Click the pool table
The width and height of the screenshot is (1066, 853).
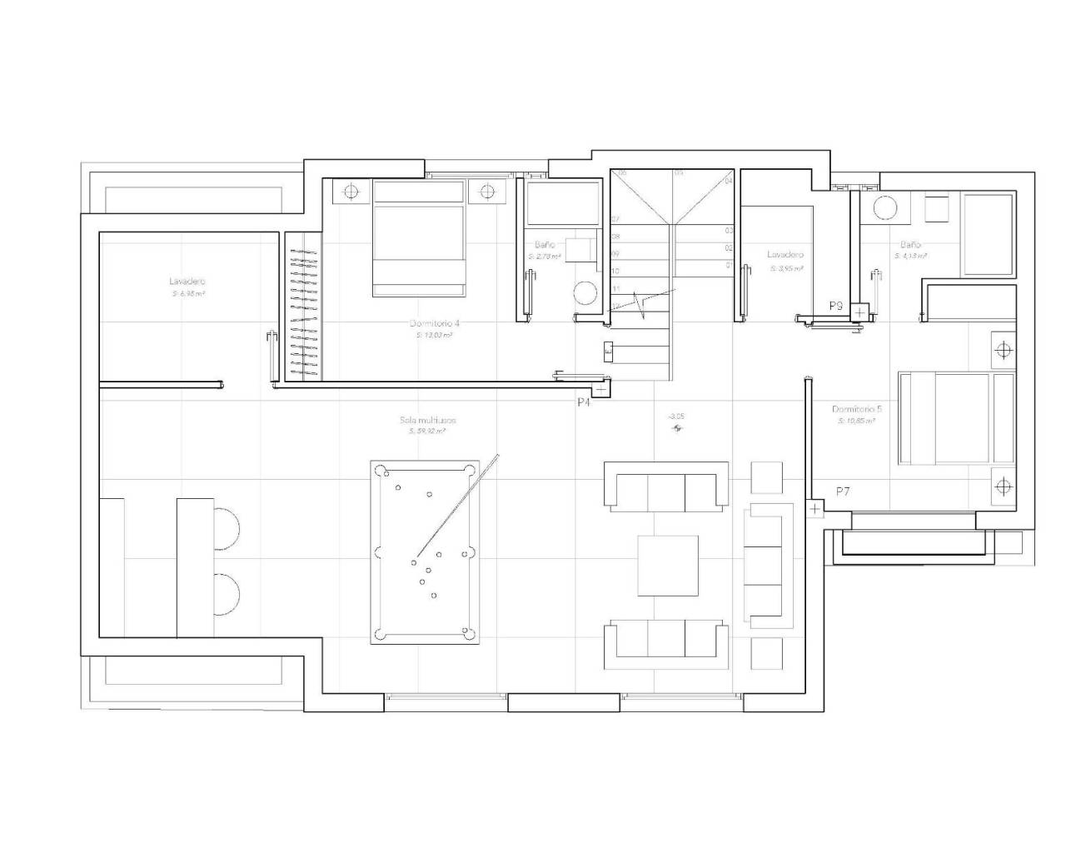pyautogui.click(x=426, y=551)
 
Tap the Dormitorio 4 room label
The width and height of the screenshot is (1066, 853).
pyautogui.click(x=434, y=323)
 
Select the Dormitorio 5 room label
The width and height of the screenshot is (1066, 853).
pyautogui.click(x=857, y=409)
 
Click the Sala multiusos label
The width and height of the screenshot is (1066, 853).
pyautogui.click(x=427, y=421)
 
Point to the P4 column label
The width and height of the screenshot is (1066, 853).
pyautogui.click(x=584, y=402)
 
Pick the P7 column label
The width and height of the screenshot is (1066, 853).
pyautogui.click(x=843, y=492)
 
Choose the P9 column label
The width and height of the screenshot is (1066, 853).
pyautogui.click(x=836, y=307)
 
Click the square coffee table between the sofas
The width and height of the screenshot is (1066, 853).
pyautogui.click(x=668, y=566)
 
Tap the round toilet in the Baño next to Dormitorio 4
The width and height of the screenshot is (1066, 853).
pyautogui.click(x=585, y=294)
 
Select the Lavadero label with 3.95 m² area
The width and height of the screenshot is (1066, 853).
pyautogui.click(x=785, y=255)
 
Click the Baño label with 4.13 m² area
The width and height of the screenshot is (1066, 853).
pyautogui.click(x=909, y=246)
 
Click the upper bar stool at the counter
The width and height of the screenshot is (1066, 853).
pyautogui.click(x=227, y=526)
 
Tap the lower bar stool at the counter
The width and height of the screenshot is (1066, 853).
pyautogui.click(x=227, y=595)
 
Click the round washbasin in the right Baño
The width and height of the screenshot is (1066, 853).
pyautogui.click(x=882, y=208)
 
